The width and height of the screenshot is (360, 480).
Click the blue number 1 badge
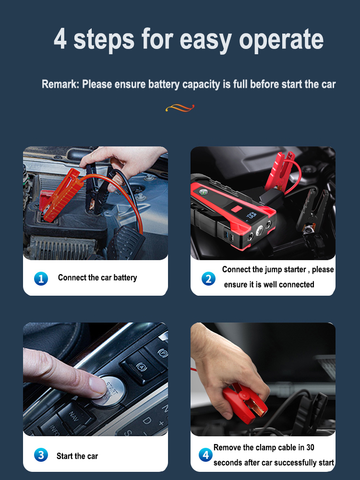click(x=41, y=278)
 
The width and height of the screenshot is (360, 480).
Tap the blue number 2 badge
click(x=208, y=278)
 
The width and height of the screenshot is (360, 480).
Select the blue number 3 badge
click(x=41, y=455)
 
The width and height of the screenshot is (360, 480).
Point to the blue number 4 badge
click(x=205, y=455)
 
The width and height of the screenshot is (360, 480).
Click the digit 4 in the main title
click(x=60, y=38)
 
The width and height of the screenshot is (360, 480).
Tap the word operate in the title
click(x=281, y=40)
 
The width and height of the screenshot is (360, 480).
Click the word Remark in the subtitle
click(x=60, y=84)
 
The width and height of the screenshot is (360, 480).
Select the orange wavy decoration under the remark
click(x=180, y=108)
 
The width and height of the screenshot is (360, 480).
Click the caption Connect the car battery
click(x=97, y=277)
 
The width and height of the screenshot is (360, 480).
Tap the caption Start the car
click(x=77, y=456)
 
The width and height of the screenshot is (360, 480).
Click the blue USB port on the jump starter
click(x=226, y=235)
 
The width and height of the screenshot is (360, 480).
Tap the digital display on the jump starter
click(x=252, y=216)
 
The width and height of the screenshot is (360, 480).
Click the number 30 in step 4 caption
click(x=310, y=447)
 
